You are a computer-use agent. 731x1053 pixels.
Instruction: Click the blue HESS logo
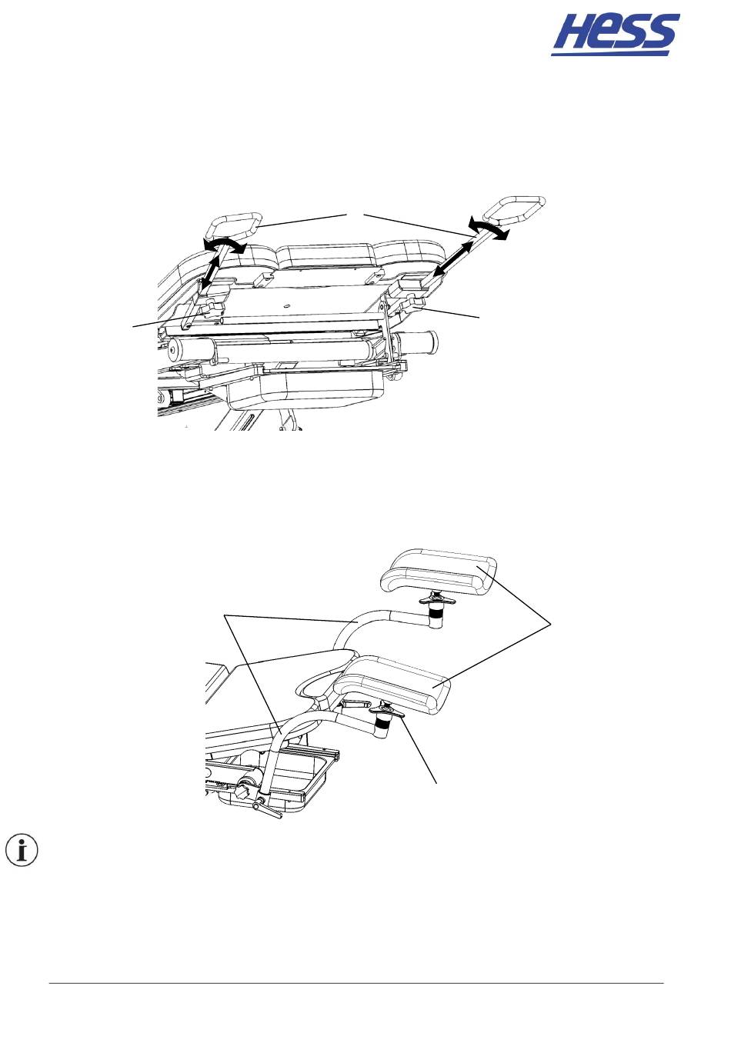[x=615, y=35]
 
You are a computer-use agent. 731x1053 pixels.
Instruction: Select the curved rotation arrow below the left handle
[x=225, y=245]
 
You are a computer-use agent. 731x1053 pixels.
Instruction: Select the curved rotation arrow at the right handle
[x=489, y=230]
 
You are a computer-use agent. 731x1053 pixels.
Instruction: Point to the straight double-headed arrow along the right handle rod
[x=453, y=259]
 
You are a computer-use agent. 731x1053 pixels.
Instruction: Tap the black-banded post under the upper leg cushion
[x=436, y=616]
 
